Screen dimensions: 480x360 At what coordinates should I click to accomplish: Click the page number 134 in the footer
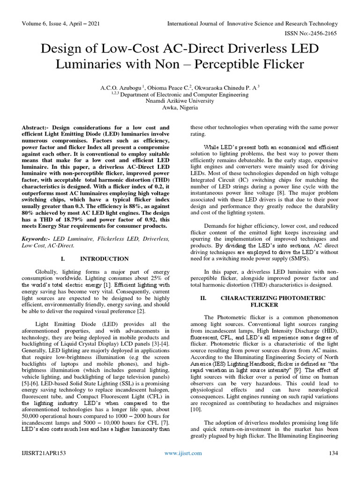point(333,453)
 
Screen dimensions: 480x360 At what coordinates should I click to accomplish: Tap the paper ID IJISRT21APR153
point(43,453)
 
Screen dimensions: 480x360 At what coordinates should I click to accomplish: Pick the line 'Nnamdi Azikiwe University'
point(180,100)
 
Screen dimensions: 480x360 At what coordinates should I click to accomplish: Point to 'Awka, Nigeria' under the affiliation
point(180,107)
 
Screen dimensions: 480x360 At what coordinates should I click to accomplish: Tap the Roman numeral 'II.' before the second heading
point(203,298)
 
